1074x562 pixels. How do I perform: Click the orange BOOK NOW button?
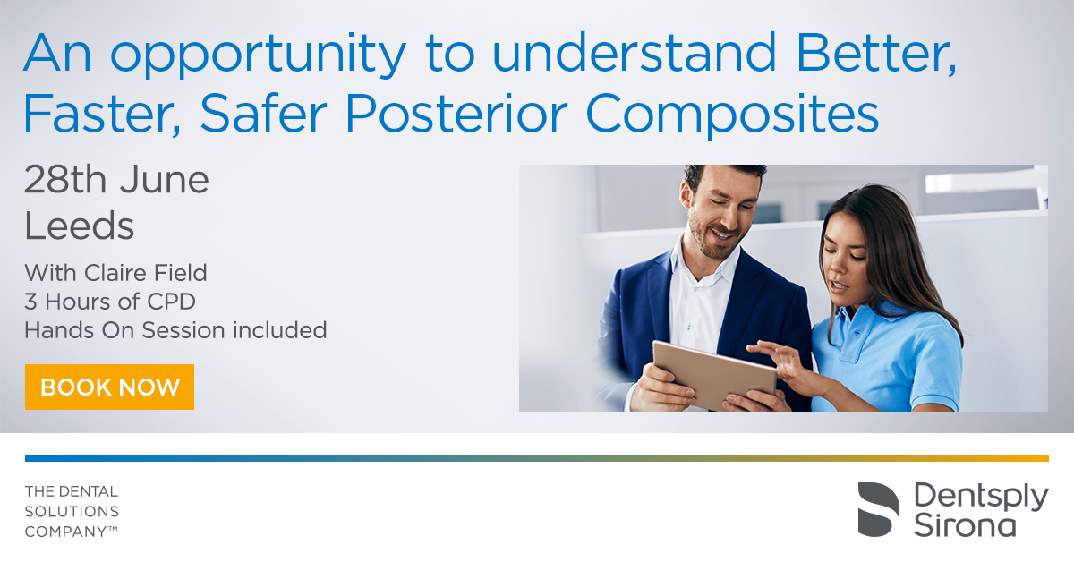(x=109, y=387)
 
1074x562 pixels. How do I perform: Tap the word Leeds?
(x=79, y=226)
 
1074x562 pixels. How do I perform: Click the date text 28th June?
(x=116, y=180)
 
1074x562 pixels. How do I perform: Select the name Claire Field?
(x=146, y=273)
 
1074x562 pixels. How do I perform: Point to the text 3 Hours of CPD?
(x=110, y=302)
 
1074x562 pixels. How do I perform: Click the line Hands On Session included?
(x=175, y=330)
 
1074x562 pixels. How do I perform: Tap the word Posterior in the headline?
(x=456, y=113)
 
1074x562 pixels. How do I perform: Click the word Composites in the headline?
(x=733, y=115)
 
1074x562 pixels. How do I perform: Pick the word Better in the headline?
(x=876, y=53)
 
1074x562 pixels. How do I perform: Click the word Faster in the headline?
(x=102, y=115)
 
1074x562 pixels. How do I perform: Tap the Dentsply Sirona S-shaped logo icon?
(x=878, y=509)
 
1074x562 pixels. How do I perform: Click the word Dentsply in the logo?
(x=981, y=498)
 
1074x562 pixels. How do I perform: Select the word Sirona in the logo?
(x=965, y=525)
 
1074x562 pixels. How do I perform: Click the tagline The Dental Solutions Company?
(x=72, y=512)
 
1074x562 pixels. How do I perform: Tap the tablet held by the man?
(x=714, y=374)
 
